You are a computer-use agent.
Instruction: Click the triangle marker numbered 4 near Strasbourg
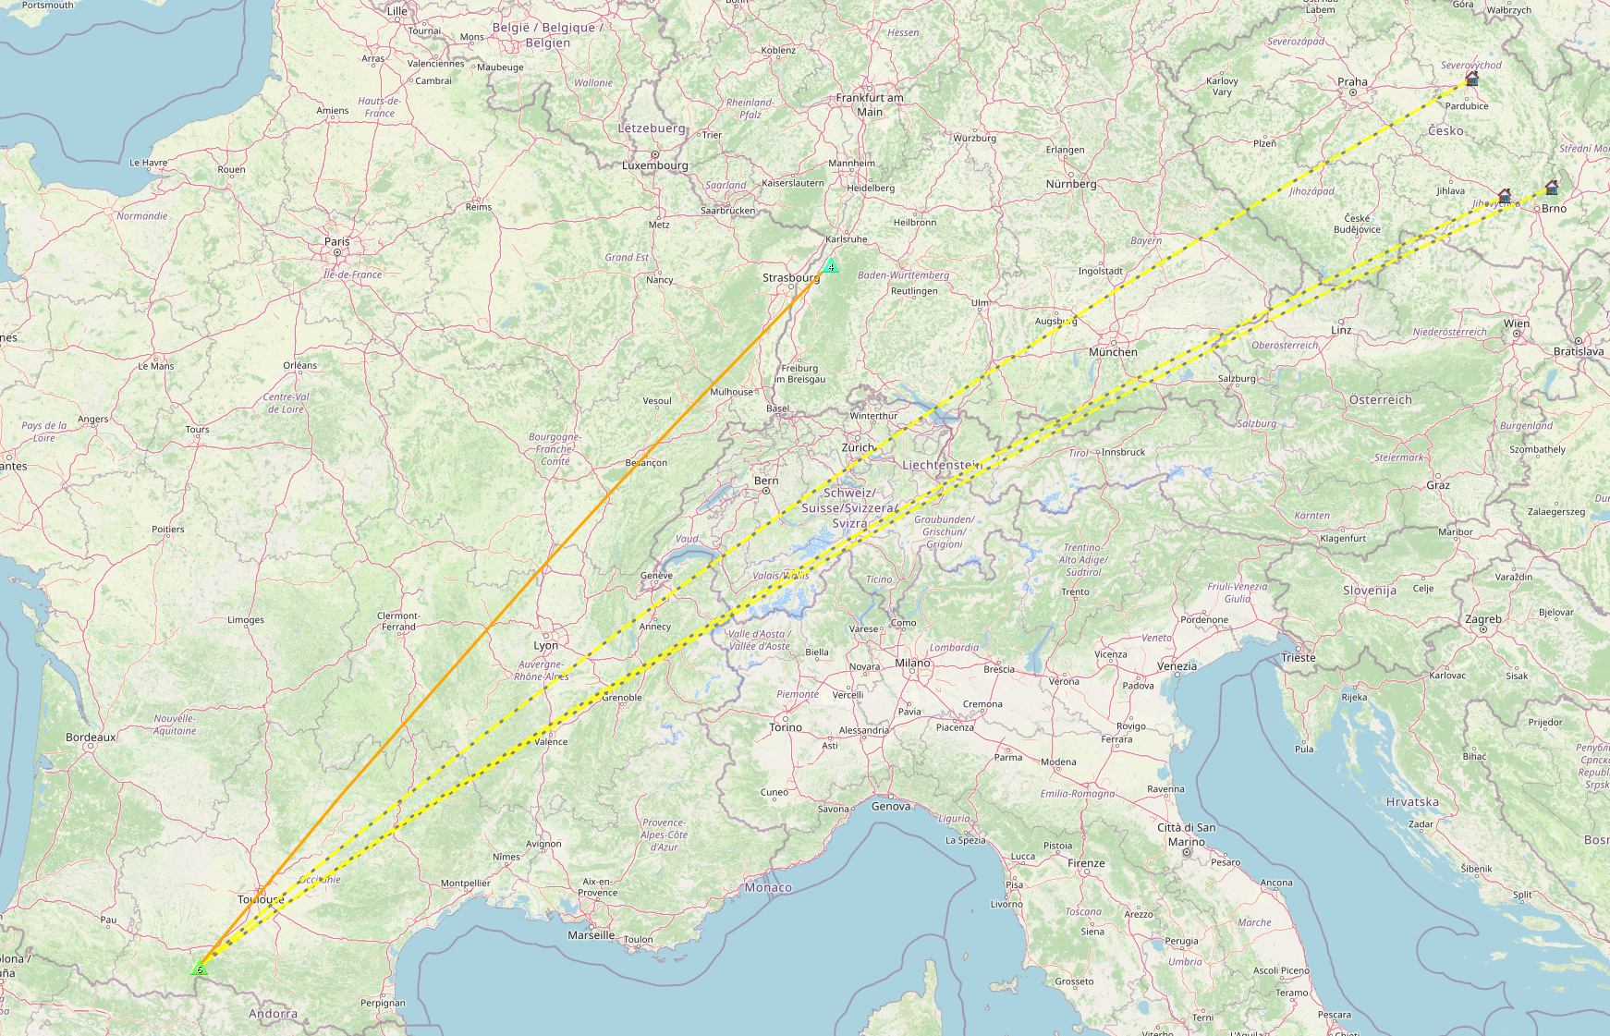(831, 266)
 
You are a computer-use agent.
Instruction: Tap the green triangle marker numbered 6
(199, 969)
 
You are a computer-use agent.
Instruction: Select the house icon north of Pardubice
(1472, 79)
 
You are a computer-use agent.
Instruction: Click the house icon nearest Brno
(1552, 188)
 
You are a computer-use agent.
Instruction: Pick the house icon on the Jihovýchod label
(1505, 196)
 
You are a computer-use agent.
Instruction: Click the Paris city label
(337, 241)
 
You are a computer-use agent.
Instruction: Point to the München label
(1113, 352)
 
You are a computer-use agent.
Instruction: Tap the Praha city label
(1352, 82)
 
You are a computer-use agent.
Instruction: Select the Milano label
(912, 663)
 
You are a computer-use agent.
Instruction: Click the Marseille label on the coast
(592, 935)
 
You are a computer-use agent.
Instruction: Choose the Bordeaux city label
(91, 737)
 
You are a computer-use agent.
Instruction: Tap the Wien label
(1517, 323)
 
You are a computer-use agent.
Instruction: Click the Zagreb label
(1483, 619)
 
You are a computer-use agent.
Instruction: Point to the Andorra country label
(273, 1014)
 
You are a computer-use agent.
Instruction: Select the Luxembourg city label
(655, 165)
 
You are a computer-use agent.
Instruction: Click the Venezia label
(1177, 666)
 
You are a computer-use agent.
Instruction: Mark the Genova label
(891, 807)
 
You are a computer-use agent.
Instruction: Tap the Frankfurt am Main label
(870, 104)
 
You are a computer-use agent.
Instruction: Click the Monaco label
(768, 887)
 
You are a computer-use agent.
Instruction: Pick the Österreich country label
(1381, 400)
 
